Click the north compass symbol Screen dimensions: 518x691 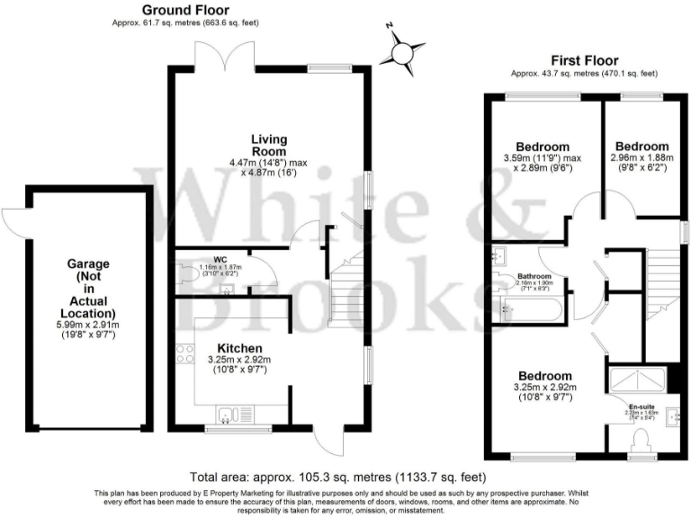[x=402, y=51]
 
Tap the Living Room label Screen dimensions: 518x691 [x=268, y=145]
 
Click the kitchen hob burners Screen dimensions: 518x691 [x=186, y=353]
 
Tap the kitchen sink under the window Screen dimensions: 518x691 [x=232, y=414]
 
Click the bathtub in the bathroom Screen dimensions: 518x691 [x=530, y=309]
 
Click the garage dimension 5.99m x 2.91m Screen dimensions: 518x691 [x=88, y=329]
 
